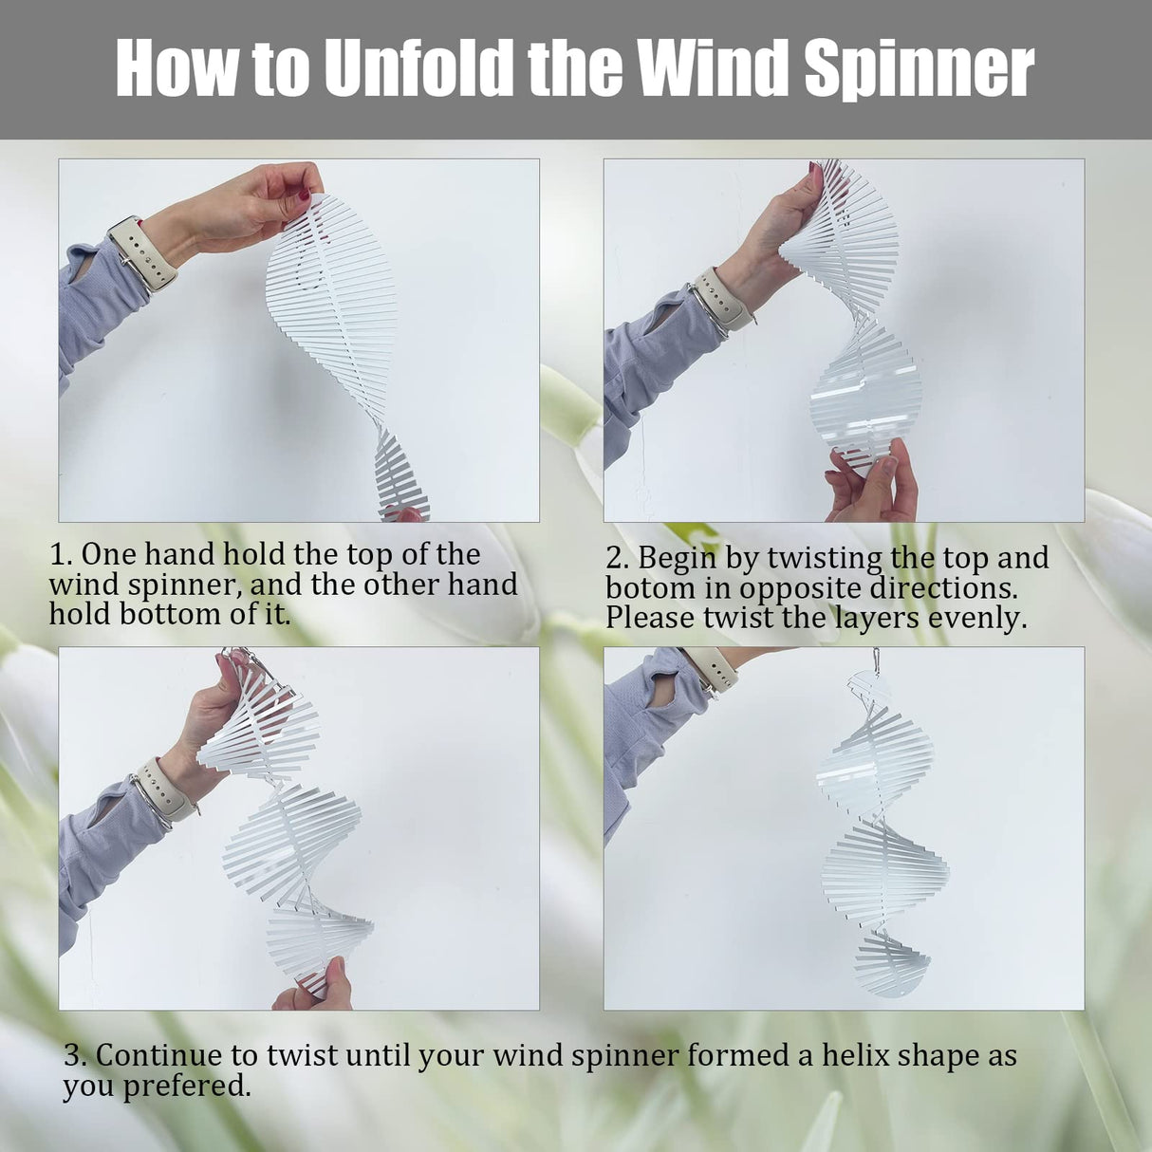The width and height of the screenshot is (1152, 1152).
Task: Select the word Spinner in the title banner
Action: point(919,68)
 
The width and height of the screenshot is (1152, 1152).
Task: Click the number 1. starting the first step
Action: point(61,554)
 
